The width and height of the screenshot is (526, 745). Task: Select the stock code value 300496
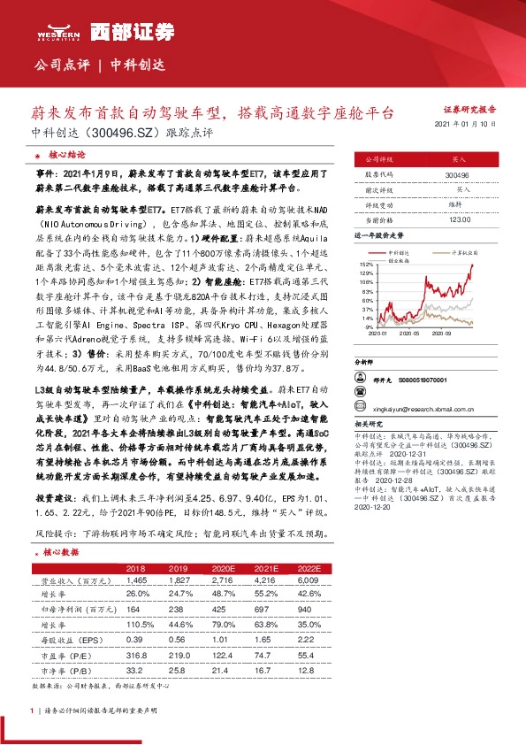[460, 176]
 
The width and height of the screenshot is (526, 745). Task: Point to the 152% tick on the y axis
[365, 265]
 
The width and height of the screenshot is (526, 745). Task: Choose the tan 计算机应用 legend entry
[463, 252]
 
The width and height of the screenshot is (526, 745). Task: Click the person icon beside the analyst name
[360, 378]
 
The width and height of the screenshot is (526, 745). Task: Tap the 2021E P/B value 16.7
[264, 671]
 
